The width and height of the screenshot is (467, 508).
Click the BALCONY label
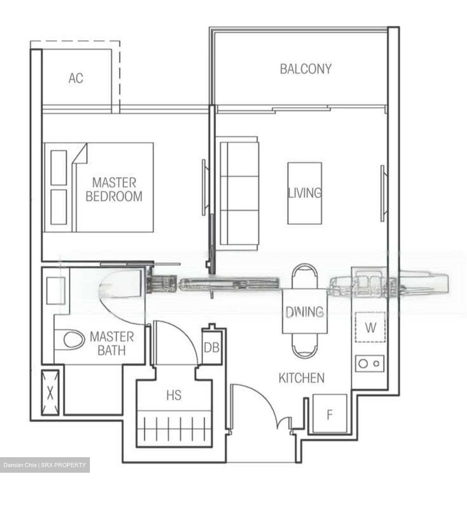pos(305,68)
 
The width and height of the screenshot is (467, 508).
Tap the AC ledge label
pos(76,78)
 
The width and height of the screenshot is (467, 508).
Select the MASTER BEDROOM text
pos(114,189)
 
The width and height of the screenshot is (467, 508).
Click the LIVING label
pos(305,193)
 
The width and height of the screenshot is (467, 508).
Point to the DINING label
pos(304,311)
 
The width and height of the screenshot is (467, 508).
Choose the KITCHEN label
pos(301,378)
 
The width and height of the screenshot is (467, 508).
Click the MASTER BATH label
pos(111,343)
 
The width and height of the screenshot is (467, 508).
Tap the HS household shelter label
pos(174,395)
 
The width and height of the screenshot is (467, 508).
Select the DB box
pos(212,347)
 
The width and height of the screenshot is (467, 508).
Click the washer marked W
pos(370,328)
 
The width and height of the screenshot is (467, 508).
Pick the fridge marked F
pos(330,414)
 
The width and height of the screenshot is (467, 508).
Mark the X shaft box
pos(50,392)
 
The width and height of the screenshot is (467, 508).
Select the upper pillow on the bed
pos(59,167)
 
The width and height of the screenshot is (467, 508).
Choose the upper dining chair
pos(305,277)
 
